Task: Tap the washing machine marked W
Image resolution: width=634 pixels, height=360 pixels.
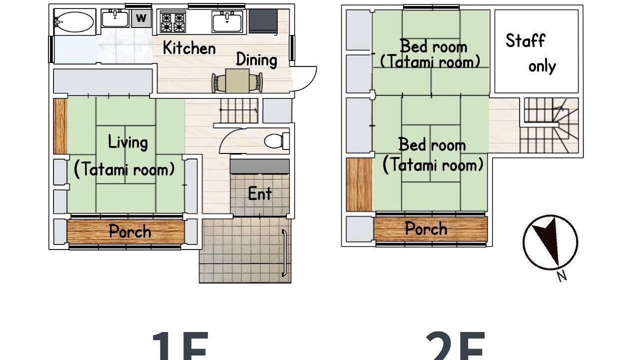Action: point(141,18)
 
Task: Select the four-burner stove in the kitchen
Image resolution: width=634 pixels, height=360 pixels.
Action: point(173,22)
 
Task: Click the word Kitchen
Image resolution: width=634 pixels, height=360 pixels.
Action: point(189,48)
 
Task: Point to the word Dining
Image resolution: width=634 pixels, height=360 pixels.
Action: point(256,60)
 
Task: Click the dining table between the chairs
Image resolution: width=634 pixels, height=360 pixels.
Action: point(237,80)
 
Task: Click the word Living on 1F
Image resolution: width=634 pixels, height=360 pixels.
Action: point(128,142)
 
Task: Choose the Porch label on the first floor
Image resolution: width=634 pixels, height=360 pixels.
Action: point(130,231)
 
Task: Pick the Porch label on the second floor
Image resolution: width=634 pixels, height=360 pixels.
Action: point(426,228)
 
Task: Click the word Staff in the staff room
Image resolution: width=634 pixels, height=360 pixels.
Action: point(525,40)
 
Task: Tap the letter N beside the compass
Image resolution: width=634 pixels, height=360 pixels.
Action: point(562,276)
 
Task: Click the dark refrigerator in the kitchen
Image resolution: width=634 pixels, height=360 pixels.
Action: point(263,21)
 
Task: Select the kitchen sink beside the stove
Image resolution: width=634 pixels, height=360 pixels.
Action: point(227,21)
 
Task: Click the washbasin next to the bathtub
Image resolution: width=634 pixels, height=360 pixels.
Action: point(115,18)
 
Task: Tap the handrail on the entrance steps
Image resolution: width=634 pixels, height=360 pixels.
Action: point(284,253)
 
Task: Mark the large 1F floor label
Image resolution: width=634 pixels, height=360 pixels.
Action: point(180,346)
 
